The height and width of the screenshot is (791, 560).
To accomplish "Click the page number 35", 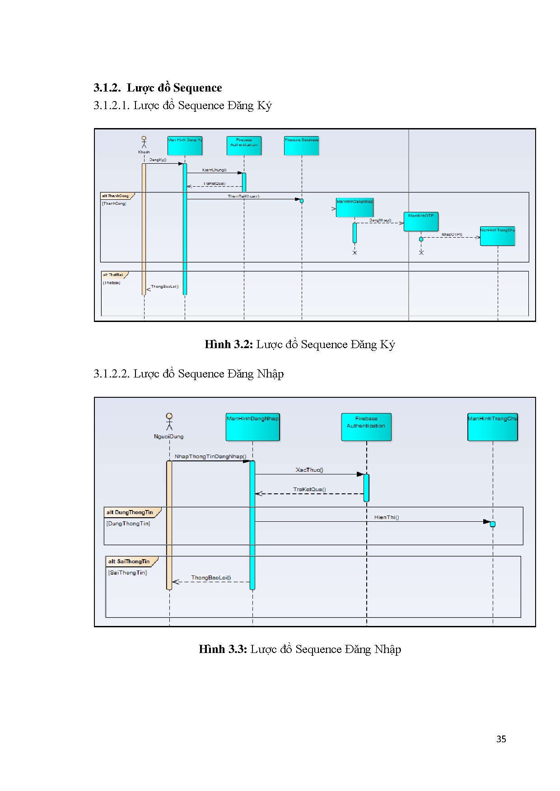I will click(501, 739).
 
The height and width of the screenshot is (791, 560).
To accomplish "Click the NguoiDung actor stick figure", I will click(169, 421).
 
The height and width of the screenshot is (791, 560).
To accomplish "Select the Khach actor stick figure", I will click(144, 142).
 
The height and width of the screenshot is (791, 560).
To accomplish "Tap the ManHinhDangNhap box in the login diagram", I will click(252, 427).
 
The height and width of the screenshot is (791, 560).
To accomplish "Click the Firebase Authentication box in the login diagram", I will click(366, 427).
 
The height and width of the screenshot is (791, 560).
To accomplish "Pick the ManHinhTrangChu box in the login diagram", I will click(492, 427).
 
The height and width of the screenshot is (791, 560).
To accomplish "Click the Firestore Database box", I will click(302, 146).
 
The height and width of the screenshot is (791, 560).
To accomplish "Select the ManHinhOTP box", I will click(421, 221).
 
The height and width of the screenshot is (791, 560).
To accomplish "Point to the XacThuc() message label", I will click(309, 470).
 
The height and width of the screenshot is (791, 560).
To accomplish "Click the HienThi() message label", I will click(387, 517).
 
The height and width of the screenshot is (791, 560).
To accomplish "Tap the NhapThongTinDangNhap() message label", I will click(210, 456).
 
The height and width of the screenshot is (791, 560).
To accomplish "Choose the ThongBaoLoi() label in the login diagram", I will click(211, 577).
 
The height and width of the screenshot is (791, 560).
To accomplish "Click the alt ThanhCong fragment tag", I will click(116, 196).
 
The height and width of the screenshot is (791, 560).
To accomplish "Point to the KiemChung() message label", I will click(215, 170).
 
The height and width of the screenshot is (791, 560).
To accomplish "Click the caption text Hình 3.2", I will click(229, 345).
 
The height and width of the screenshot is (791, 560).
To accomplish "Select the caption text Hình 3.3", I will click(223, 649).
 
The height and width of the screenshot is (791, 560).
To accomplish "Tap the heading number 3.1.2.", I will click(107, 87).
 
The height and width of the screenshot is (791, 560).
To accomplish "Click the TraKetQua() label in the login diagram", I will click(309, 489).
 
